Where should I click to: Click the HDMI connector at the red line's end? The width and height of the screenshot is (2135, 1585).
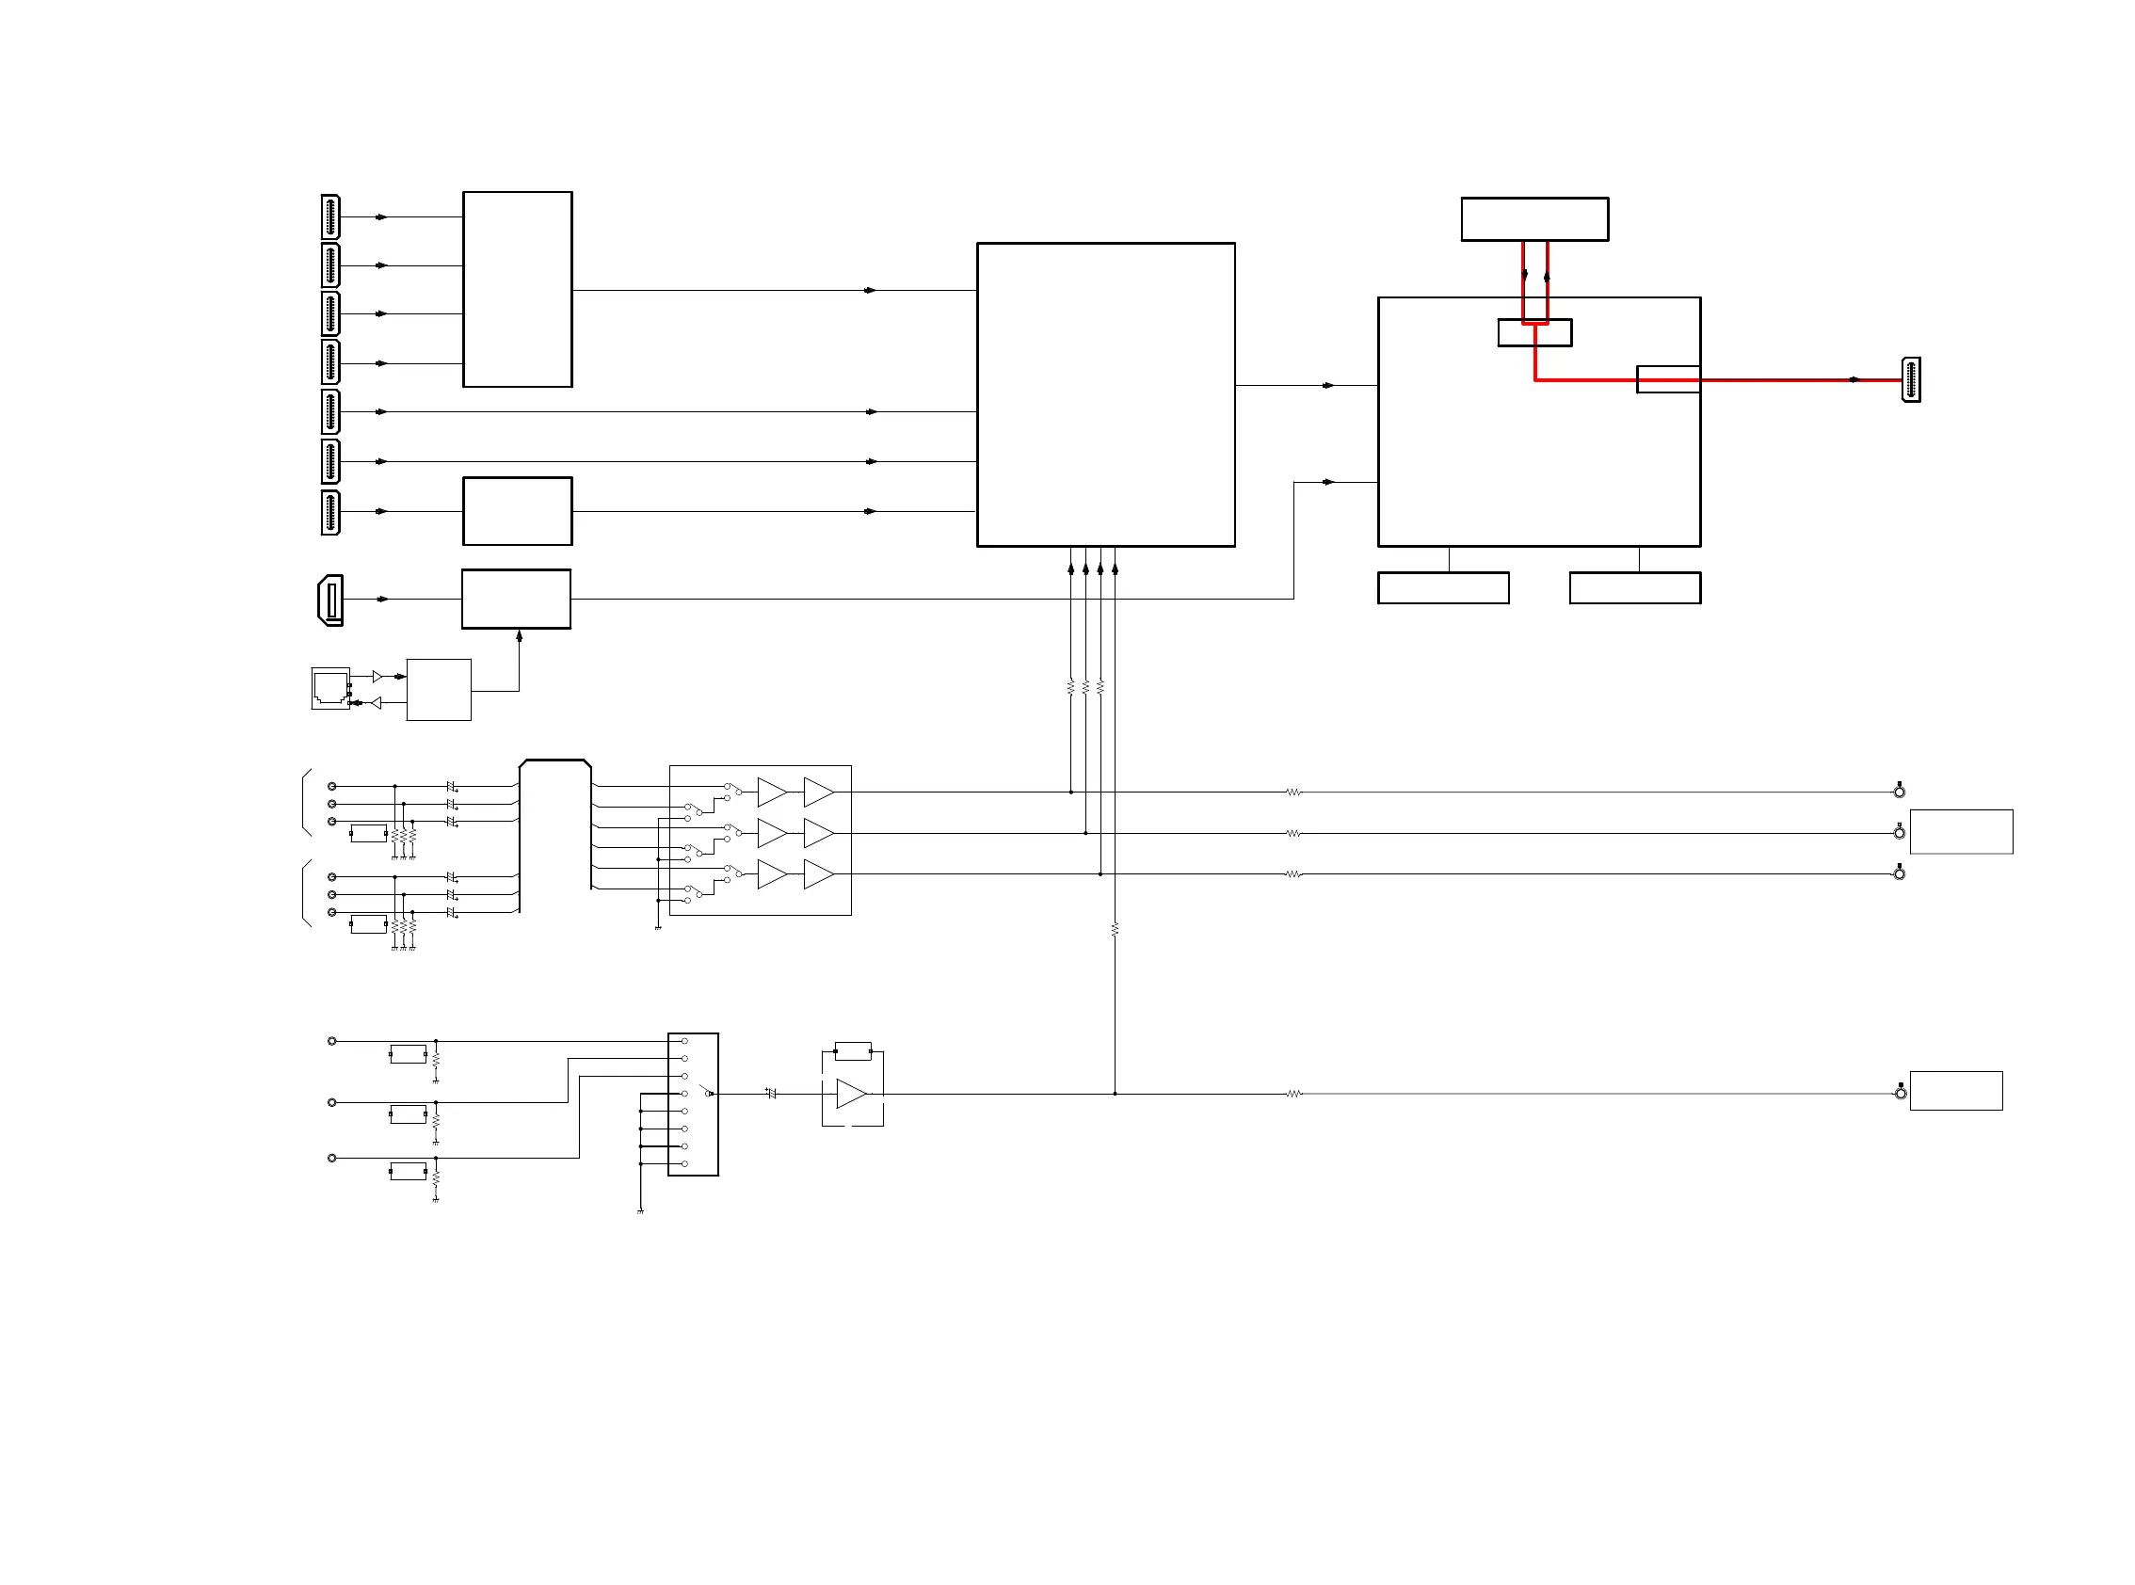click(x=1910, y=380)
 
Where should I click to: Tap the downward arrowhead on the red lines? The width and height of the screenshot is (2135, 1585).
click(x=1525, y=275)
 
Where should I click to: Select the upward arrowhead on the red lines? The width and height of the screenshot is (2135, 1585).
click(x=1547, y=277)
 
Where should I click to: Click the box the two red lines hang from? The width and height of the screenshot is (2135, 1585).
click(x=1534, y=218)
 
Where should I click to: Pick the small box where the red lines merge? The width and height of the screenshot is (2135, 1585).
click(x=1534, y=333)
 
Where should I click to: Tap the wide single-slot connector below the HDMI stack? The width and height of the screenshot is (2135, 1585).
click(x=330, y=600)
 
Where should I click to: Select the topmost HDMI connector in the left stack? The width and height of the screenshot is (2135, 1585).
click(x=330, y=216)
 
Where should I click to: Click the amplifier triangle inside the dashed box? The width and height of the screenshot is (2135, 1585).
click(x=851, y=1094)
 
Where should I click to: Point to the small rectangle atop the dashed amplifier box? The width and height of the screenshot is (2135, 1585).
click(x=853, y=1050)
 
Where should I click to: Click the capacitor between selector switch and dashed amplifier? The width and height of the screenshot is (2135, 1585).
click(x=772, y=1094)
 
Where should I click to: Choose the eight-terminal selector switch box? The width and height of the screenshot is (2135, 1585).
click(x=693, y=1104)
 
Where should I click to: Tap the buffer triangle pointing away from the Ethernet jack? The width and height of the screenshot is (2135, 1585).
click(x=378, y=677)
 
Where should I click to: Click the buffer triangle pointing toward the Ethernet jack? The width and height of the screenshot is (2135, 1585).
click(x=377, y=703)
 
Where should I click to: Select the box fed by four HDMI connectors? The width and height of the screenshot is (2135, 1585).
click(x=517, y=290)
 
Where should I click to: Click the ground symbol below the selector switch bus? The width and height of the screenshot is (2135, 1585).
click(x=640, y=1211)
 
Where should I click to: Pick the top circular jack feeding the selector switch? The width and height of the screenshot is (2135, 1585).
click(x=332, y=1041)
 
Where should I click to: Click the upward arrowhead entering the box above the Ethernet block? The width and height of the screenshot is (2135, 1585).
click(x=519, y=635)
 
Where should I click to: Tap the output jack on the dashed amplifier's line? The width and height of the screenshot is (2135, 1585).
click(x=1900, y=1093)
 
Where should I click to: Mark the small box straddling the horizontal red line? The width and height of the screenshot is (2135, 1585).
click(x=1668, y=379)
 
